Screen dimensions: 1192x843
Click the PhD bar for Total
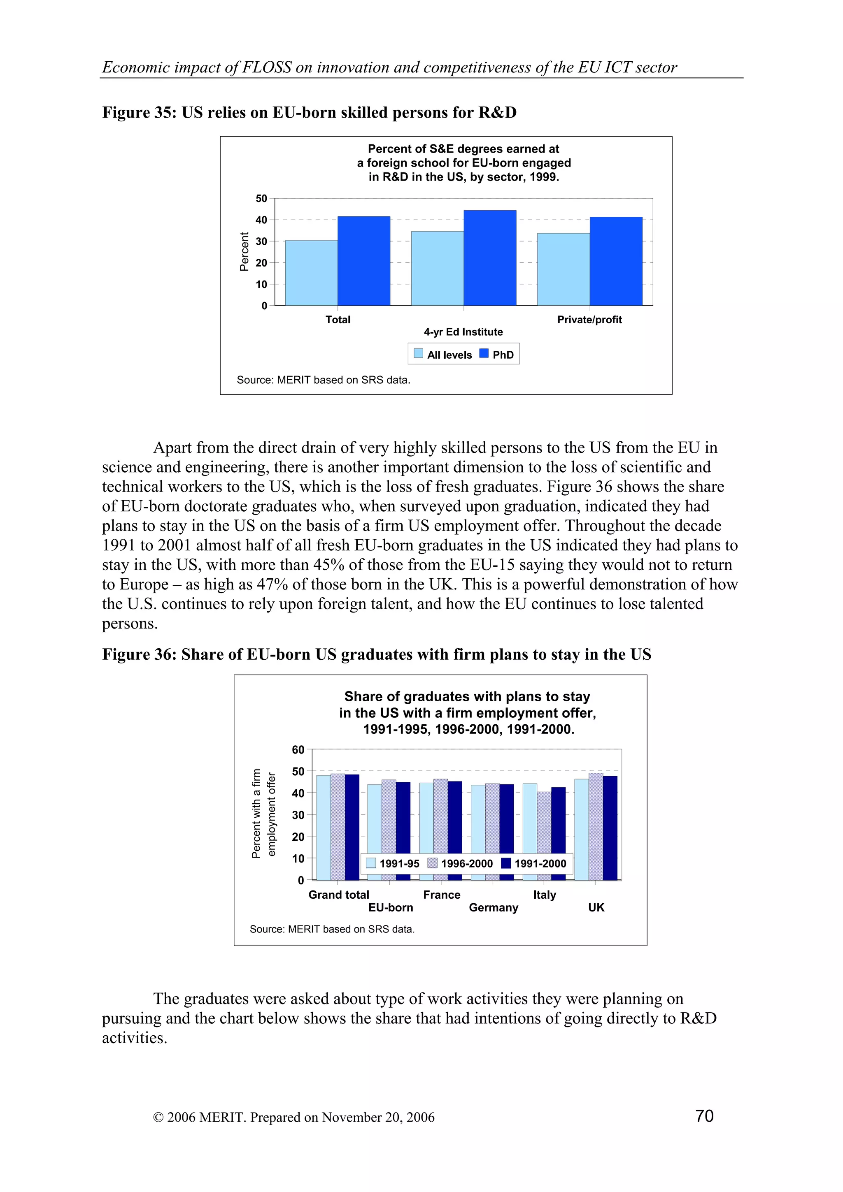[363, 261]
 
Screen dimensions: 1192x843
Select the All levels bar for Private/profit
[563, 269]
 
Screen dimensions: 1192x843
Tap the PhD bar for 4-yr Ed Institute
[490, 258]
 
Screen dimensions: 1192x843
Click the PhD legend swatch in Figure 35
[484, 354]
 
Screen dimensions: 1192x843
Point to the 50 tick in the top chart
[261, 198]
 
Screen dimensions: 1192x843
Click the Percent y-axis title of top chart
[244, 252]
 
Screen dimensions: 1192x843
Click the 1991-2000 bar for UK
[610, 828]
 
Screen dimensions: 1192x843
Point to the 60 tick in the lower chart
[298, 750]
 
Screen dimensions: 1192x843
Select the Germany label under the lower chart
[494, 907]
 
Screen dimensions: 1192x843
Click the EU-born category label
[391, 907]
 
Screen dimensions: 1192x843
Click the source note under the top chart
[323, 380]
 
